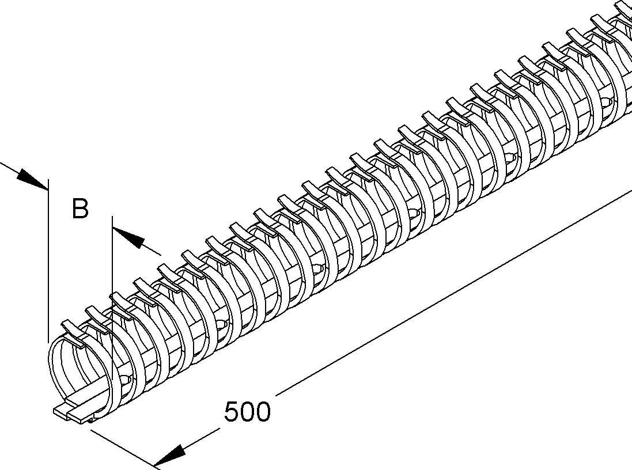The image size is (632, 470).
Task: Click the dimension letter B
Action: (x=80, y=209)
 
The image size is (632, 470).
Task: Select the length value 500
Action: (x=248, y=412)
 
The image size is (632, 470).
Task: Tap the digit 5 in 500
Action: (x=232, y=412)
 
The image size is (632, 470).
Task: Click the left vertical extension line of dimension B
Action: (x=48, y=260)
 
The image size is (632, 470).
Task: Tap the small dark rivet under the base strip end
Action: (x=92, y=421)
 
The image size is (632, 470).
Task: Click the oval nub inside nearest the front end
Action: (x=126, y=380)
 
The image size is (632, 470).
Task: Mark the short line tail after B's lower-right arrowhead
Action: (x=152, y=251)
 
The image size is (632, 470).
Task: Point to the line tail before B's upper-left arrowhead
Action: (x=9, y=167)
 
